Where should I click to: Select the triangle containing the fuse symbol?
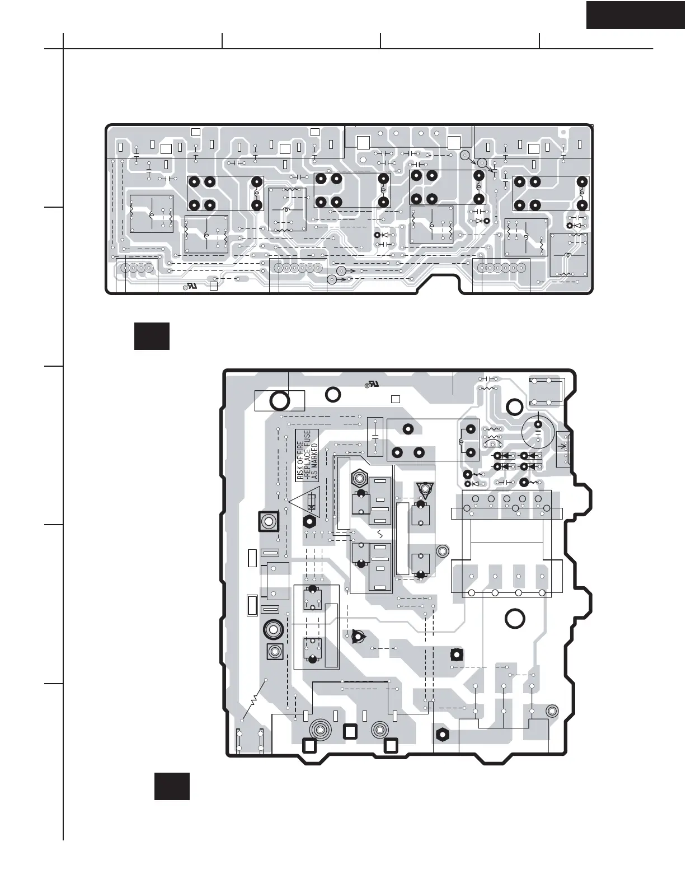(x=304, y=501)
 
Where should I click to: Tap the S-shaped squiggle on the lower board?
(x=380, y=534)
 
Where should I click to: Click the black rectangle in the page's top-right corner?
(x=636, y=15)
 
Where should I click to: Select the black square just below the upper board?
(x=152, y=336)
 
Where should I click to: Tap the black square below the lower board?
(x=172, y=786)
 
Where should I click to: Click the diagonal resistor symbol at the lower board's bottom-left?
(x=253, y=700)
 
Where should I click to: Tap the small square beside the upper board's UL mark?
(x=214, y=286)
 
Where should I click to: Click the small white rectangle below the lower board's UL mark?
(x=396, y=399)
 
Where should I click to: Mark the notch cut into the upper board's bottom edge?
(x=439, y=283)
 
